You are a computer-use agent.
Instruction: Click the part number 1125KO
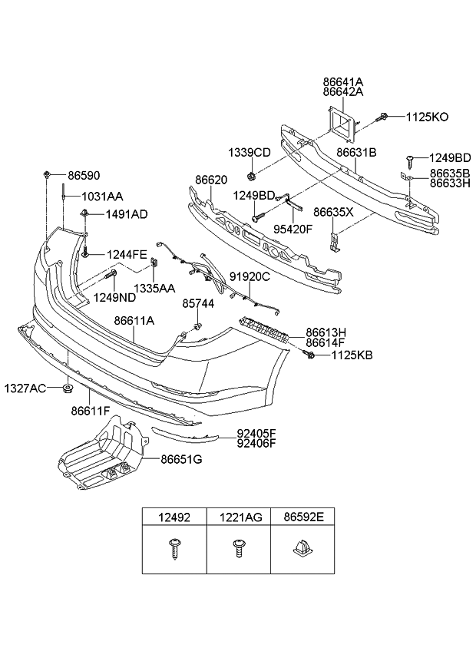(x=428, y=117)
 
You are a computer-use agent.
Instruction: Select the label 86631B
(x=356, y=153)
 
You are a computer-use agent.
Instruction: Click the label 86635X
(x=333, y=211)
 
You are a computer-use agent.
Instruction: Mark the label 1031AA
(x=102, y=197)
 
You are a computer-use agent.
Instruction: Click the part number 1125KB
(x=352, y=356)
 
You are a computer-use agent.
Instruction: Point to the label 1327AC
(x=27, y=387)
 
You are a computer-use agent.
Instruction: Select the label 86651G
(x=182, y=460)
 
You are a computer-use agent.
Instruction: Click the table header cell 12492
(x=174, y=517)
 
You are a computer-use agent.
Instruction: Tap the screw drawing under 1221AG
(x=238, y=549)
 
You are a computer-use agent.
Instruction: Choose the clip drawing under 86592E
(x=302, y=548)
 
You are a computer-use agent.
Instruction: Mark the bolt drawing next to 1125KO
(x=382, y=117)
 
